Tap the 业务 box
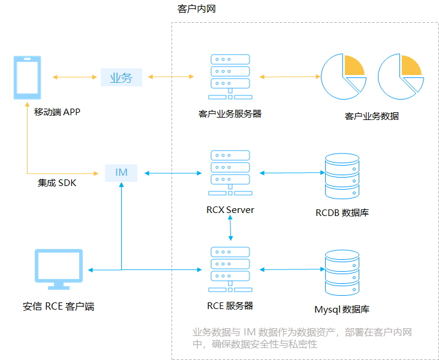(x=121, y=77)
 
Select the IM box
(x=121, y=173)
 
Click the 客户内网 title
(x=196, y=10)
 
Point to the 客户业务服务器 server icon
(x=230, y=77)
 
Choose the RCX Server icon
(x=230, y=173)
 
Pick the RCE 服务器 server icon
(x=230, y=269)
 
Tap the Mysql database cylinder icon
(x=341, y=271)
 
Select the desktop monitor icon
(x=58, y=269)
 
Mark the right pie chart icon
(x=399, y=77)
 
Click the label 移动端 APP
(x=57, y=112)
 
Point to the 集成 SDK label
(x=57, y=183)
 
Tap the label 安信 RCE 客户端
(x=58, y=307)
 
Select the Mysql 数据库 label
(x=342, y=310)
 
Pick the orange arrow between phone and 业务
(x=75, y=77)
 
